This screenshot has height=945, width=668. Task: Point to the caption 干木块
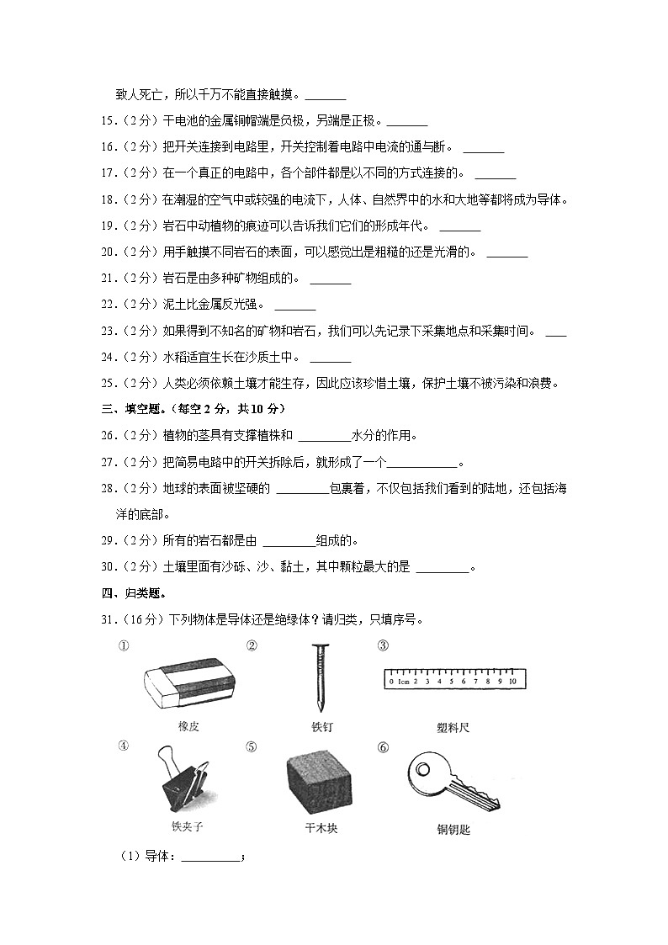click(321, 829)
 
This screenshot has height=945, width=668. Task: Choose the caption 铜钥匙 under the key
click(454, 830)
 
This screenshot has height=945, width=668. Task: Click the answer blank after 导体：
click(210, 858)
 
